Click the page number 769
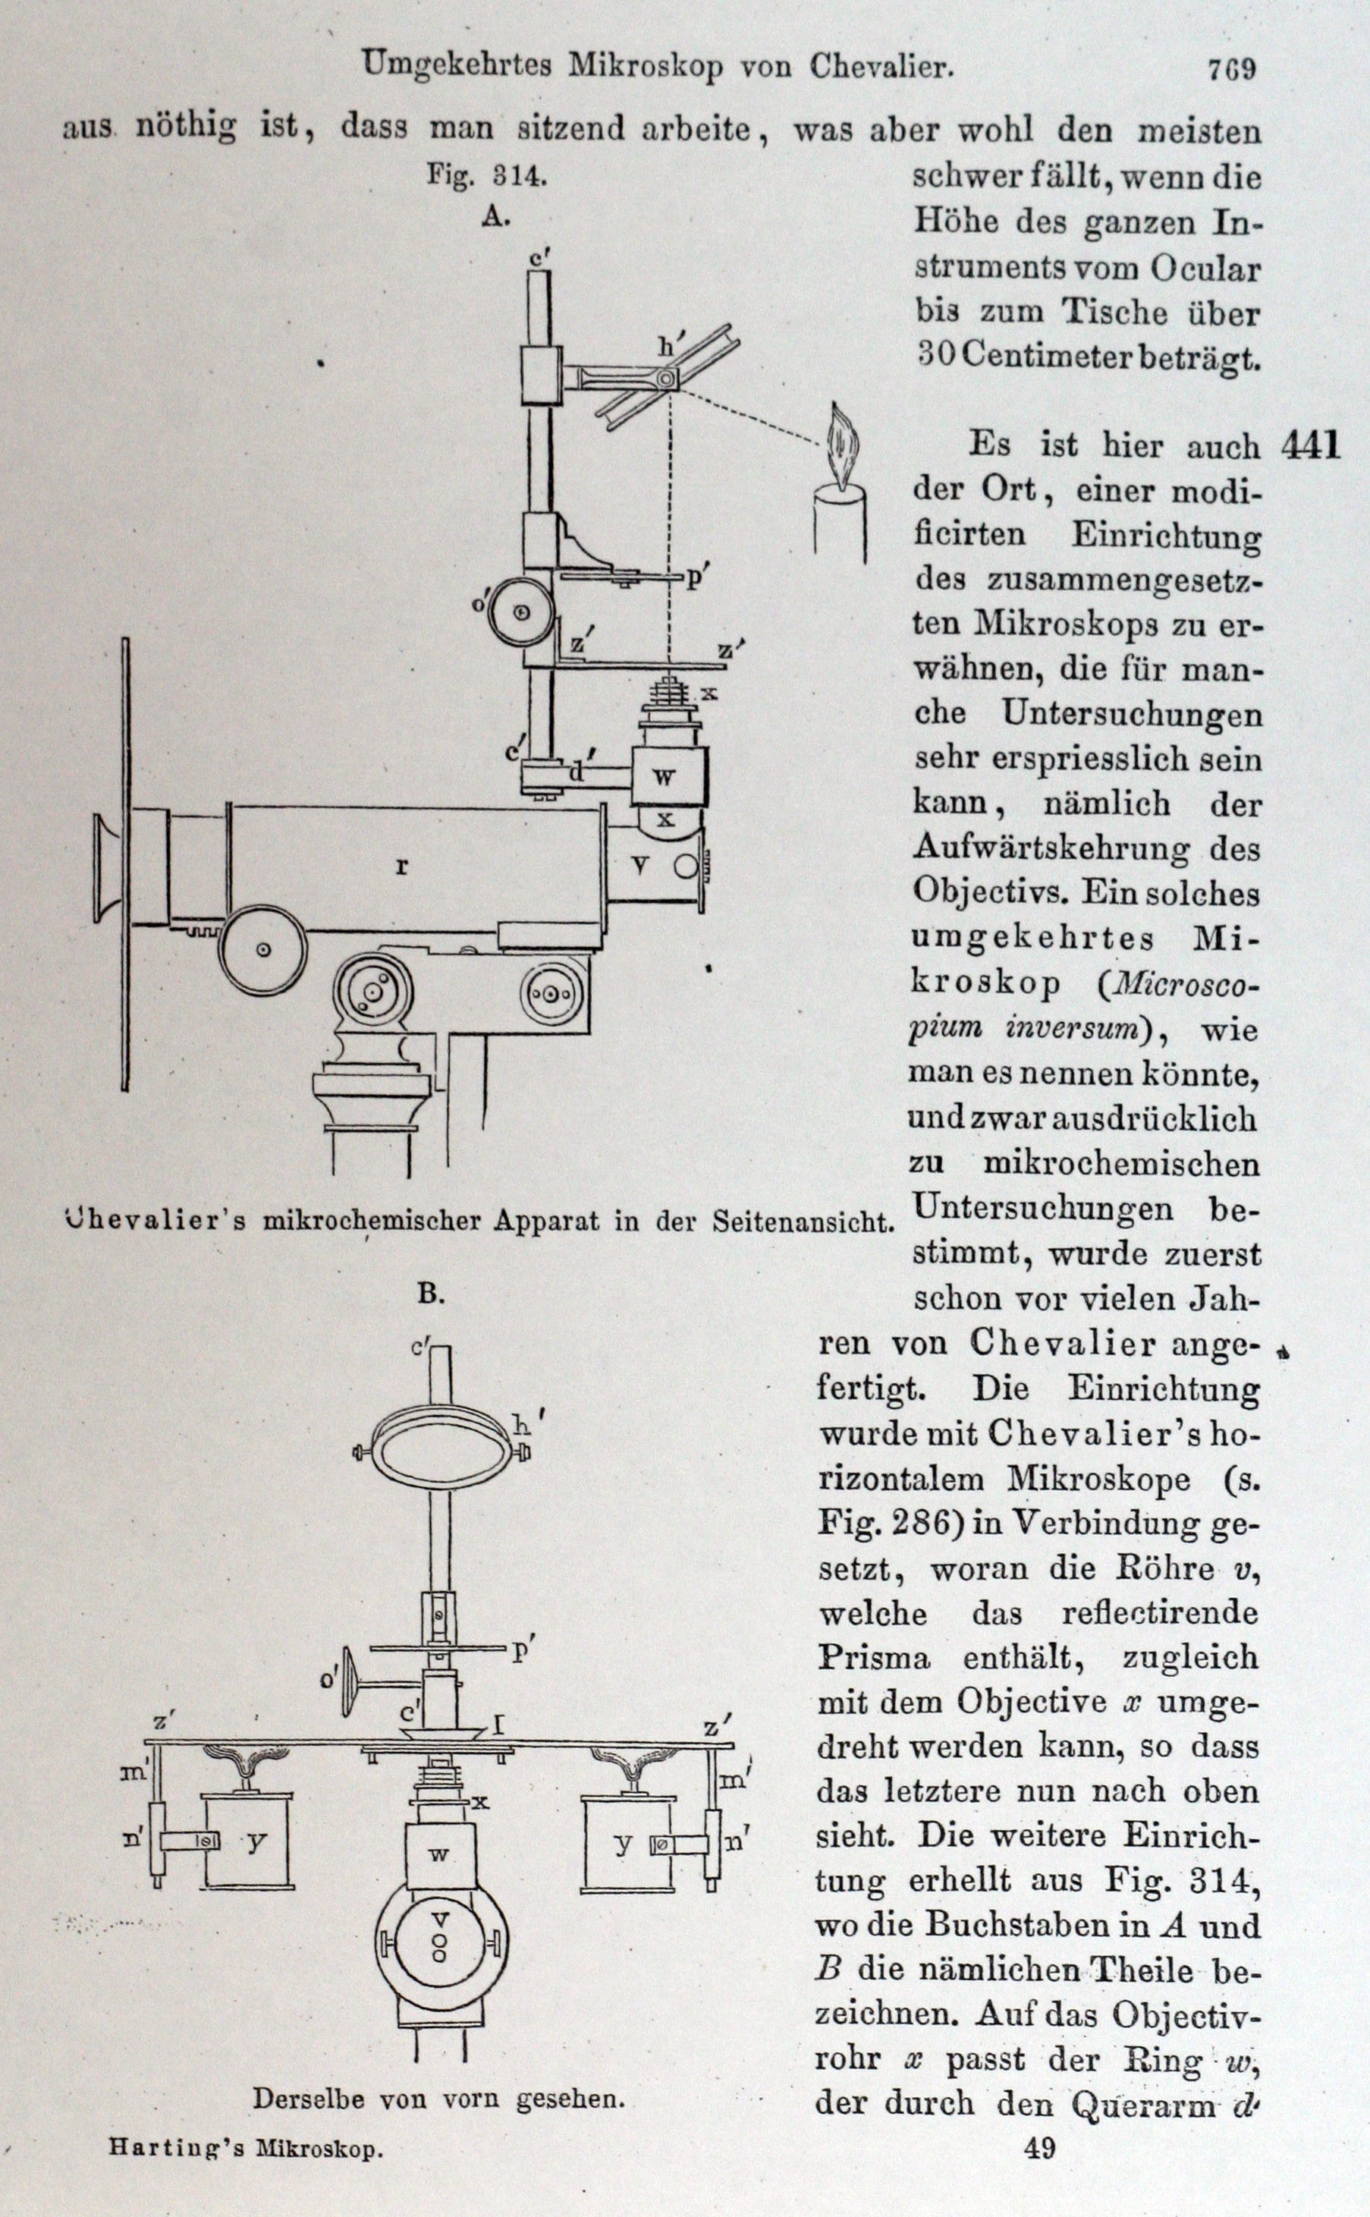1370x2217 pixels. coord(1231,69)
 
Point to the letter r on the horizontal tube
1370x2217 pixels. coord(401,867)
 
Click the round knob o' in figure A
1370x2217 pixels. coord(520,612)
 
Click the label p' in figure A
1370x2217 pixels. coord(696,577)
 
